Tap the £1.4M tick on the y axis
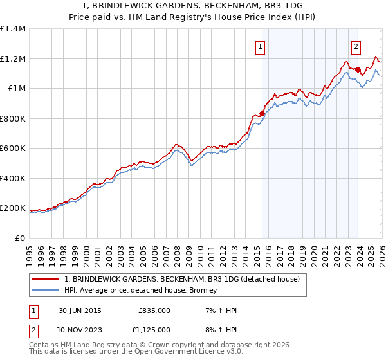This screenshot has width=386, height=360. pos(13,29)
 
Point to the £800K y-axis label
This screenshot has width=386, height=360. pos(13,118)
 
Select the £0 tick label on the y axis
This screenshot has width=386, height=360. pos(21,238)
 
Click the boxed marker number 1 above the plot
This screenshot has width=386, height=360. pos(260,46)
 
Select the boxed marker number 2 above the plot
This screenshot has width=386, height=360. pos(356,46)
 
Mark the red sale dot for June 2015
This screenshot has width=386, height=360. pos(262,113)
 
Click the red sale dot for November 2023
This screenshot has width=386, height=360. pos(357,69)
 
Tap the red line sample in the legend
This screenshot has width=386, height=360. pos(46,278)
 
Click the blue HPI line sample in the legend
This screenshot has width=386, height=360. pos(46,290)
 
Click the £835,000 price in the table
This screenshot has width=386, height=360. pos(154,310)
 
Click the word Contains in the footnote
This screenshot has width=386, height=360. pos(44,346)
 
